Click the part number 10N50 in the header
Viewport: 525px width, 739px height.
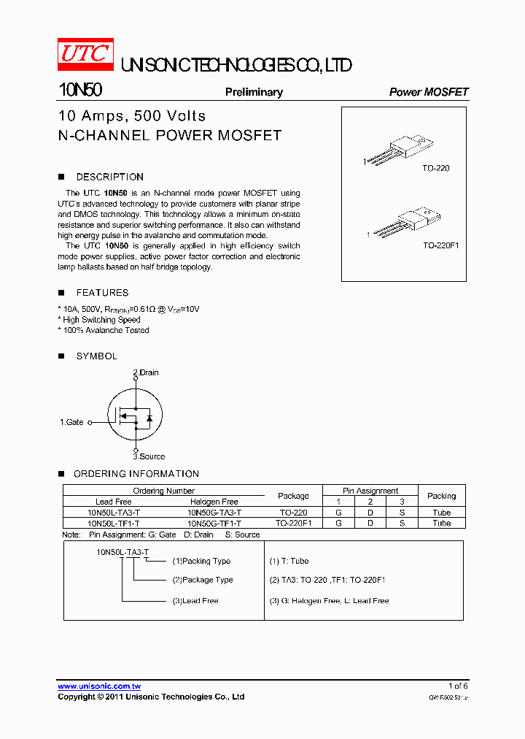(80, 91)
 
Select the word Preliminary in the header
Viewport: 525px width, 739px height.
(254, 92)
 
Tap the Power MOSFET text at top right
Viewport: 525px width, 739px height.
(429, 92)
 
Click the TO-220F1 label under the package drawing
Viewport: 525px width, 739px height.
(440, 245)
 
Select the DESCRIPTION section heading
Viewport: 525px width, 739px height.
(109, 177)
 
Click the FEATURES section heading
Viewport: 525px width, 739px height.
(102, 292)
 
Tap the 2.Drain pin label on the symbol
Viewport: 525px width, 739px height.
(146, 372)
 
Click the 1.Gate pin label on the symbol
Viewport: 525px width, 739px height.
(71, 422)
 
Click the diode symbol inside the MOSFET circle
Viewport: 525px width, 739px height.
(149, 418)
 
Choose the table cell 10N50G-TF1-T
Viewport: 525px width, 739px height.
(214, 523)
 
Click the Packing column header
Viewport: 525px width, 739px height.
(441, 496)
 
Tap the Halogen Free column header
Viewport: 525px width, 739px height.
(214, 502)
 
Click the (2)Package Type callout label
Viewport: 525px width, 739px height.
(203, 580)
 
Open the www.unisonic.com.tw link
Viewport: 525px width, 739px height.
(99, 686)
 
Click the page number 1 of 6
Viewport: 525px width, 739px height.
(458, 686)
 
